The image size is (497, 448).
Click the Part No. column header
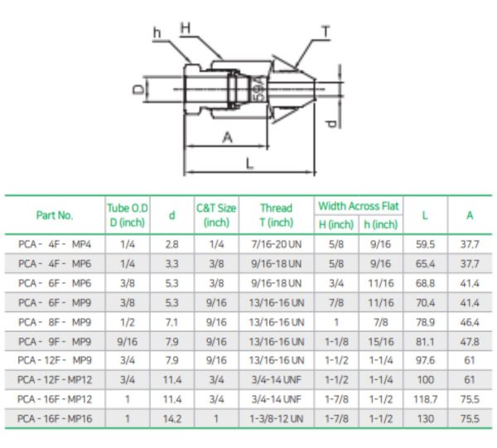(55, 215)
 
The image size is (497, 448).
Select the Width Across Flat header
(358, 206)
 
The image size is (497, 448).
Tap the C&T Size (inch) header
(216, 215)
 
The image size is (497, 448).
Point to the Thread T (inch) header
(276, 215)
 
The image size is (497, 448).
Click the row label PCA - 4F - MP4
(55, 244)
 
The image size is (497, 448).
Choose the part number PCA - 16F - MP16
(55, 419)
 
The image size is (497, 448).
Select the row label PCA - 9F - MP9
(55, 341)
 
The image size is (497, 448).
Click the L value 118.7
(424, 399)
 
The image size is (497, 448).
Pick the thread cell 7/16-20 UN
(276, 244)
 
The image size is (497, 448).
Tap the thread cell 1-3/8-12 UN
(276, 419)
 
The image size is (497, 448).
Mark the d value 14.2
(171, 419)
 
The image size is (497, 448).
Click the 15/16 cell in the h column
(381, 341)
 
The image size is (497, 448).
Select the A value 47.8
(470, 341)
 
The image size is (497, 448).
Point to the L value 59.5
(424, 244)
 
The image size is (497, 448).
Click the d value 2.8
(171, 244)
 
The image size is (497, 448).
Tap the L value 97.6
(424, 361)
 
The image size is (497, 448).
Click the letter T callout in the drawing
(326, 32)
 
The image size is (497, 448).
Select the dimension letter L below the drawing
(249, 163)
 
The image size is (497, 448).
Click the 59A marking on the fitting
(258, 88)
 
